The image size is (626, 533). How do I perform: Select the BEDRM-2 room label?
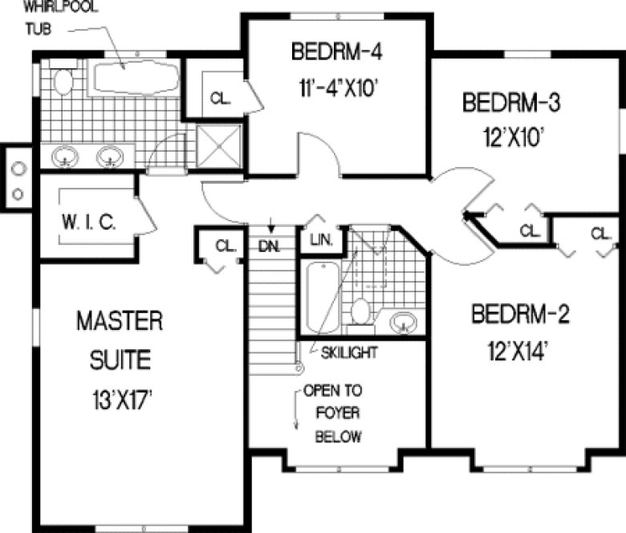coord(520,314)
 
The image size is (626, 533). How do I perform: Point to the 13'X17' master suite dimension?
coord(119,399)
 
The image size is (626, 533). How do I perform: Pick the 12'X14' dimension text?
coord(520,350)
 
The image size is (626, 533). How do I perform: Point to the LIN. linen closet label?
coord(311,240)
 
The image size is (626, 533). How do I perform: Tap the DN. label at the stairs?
coord(269,246)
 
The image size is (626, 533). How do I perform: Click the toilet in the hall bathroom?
coord(361,311)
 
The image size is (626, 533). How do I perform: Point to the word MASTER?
coord(120,322)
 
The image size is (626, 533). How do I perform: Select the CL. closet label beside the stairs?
coord(228,246)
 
